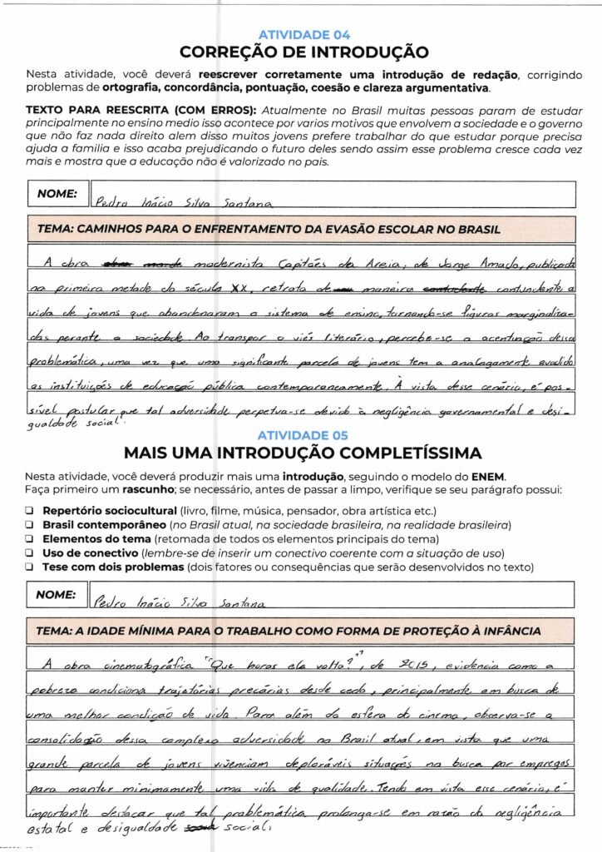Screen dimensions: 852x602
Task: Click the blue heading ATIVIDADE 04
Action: pyautogui.click(x=304, y=35)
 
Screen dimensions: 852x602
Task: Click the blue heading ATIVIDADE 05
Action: pyautogui.click(x=303, y=435)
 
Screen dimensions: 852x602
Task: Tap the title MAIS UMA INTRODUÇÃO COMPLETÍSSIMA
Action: pyautogui.click(x=303, y=453)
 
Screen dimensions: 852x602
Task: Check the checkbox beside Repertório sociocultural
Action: pyautogui.click(x=30, y=510)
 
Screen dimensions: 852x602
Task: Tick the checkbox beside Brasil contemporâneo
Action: pyautogui.click(x=30, y=525)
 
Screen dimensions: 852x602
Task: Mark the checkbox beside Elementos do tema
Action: pyautogui.click(x=30, y=539)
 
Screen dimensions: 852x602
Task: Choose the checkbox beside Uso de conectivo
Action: pyautogui.click(x=30, y=553)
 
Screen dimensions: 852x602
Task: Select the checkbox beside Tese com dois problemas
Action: pyautogui.click(x=30, y=567)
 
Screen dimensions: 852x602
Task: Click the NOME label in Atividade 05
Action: pyautogui.click(x=57, y=595)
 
